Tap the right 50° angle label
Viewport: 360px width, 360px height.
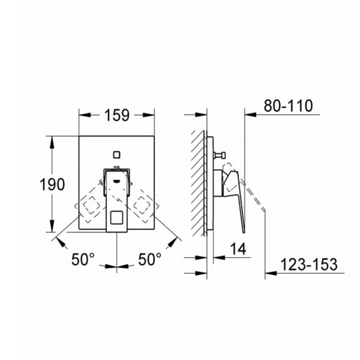click(150, 260)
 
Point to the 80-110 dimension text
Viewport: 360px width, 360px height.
click(288, 106)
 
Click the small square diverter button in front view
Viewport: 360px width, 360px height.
click(117, 154)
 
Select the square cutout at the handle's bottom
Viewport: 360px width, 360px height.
click(117, 220)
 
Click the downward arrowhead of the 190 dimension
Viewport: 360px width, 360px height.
click(51, 228)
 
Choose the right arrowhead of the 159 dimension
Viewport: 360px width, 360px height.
click(151, 115)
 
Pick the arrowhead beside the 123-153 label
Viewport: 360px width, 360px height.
click(269, 273)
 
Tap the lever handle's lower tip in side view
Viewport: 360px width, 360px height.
click(243, 230)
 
